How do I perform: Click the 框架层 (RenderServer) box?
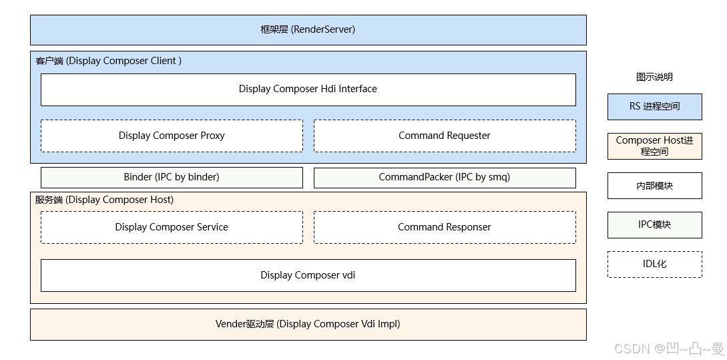[x=308, y=30]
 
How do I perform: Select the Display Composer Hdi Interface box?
[x=308, y=89]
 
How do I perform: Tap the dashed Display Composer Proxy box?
[x=172, y=136]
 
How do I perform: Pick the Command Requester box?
[x=445, y=136]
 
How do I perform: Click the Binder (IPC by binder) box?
[x=172, y=177]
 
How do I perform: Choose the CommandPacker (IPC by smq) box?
[x=445, y=177]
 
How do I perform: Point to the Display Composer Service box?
[x=172, y=227]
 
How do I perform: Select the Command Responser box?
[x=445, y=227]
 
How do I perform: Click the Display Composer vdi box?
[x=308, y=275]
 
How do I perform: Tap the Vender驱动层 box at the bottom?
[x=308, y=325]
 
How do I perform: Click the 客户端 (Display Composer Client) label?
[x=108, y=61]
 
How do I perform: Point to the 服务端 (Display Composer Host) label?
[x=104, y=200]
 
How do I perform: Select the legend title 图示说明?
[x=654, y=77]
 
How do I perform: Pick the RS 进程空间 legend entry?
[x=654, y=106]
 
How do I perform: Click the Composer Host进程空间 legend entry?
[x=654, y=146]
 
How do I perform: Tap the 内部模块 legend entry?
[x=654, y=186]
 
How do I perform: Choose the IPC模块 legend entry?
[x=654, y=225]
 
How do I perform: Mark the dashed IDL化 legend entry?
[x=654, y=264]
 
